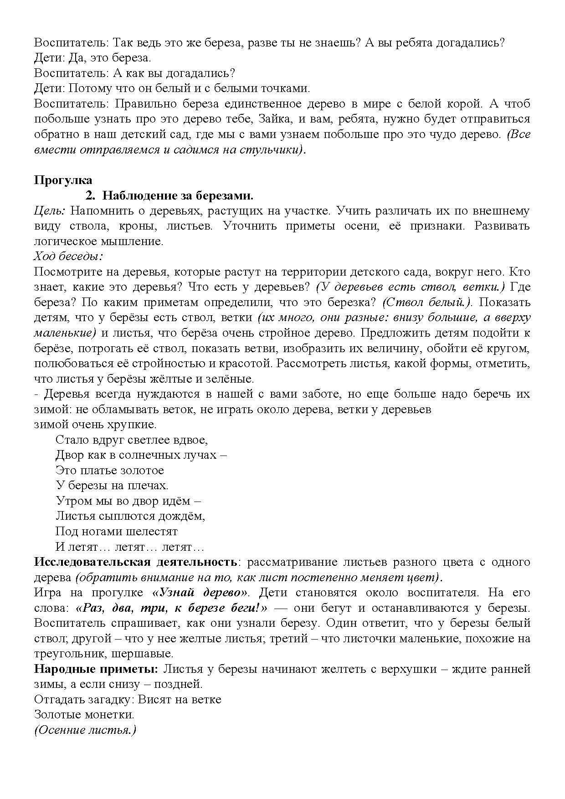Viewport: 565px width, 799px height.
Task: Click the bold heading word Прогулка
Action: point(63,180)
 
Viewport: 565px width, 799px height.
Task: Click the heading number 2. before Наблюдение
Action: point(90,196)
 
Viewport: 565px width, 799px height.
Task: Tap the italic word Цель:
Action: point(50,211)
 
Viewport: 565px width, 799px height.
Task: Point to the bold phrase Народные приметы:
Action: point(96,669)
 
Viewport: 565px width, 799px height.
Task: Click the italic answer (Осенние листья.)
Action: point(85,730)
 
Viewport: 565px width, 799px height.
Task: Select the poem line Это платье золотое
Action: point(109,470)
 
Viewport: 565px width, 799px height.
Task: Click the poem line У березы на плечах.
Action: point(112,486)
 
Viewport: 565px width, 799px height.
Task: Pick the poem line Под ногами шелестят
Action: point(116,532)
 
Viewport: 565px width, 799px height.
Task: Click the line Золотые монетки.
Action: point(84,715)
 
